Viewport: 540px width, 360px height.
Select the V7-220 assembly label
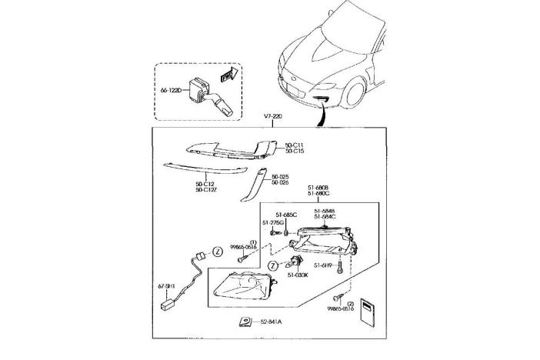[x=274, y=116]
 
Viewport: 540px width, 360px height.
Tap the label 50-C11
[x=295, y=145]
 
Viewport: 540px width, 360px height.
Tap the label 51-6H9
[x=322, y=265]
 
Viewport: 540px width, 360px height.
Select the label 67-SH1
[x=167, y=286]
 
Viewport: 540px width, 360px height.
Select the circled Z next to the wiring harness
[x=217, y=252]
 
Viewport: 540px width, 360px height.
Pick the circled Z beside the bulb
[x=274, y=266]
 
